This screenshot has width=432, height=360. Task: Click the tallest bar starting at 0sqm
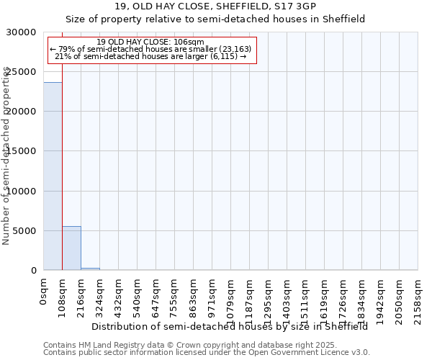(x=53, y=176)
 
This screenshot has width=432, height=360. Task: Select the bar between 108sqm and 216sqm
(x=71, y=248)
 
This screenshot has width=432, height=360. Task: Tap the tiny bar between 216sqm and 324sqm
(x=90, y=269)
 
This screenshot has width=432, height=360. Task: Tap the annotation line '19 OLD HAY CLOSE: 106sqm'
(x=150, y=42)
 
